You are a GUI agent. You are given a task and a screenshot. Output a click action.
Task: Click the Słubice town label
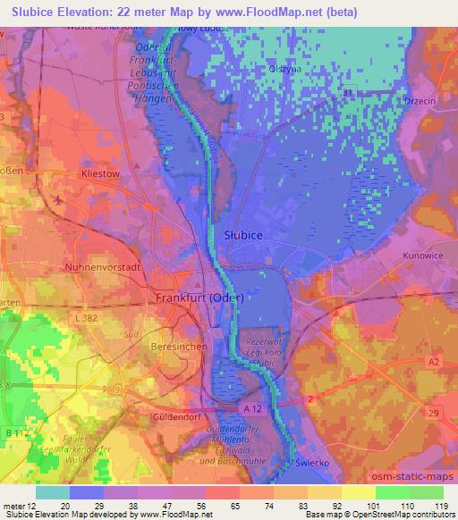coord(239,234)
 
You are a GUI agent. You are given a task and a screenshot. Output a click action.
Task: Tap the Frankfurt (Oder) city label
coord(196,298)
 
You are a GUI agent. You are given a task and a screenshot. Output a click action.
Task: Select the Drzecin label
coord(420,101)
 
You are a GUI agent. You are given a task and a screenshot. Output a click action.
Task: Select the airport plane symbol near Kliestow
coord(58,199)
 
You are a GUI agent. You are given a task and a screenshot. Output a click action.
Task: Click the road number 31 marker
coord(347,93)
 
